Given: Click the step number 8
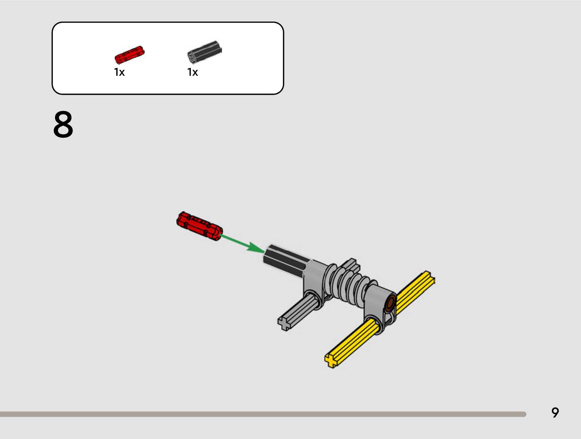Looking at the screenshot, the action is [x=63, y=125].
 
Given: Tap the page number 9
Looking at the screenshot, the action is [x=555, y=412].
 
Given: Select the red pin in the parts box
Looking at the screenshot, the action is [x=129, y=55].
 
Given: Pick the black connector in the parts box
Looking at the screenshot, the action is [x=204, y=51].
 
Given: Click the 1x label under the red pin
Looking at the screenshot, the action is [x=119, y=72].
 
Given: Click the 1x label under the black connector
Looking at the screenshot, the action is [x=192, y=72].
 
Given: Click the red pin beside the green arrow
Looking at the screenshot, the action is [x=199, y=226].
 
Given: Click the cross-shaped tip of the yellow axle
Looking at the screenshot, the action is [x=331, y=360].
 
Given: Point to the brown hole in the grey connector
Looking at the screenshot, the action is [x=391, y=303].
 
